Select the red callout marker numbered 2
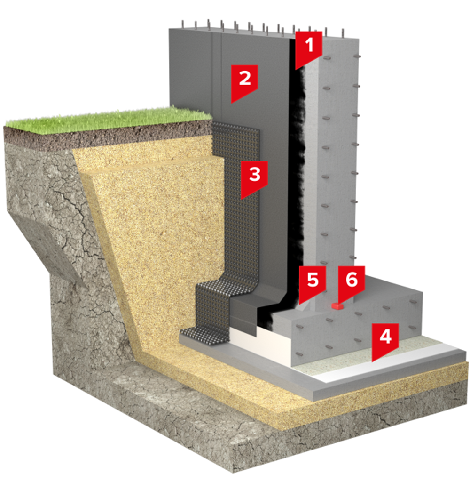tap(245, 80)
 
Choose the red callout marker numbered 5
tap(312, 282)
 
